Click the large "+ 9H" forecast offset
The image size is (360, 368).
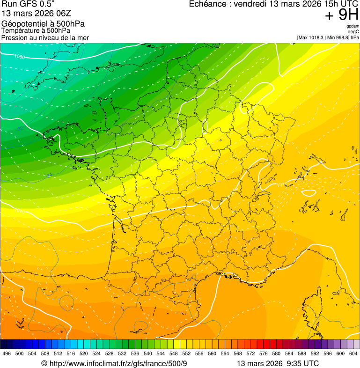pos(342,15)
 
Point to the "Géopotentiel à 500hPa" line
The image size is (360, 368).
pos(43,24)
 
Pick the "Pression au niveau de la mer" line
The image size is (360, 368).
pos(45,37)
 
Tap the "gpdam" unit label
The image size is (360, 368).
pos(353,26)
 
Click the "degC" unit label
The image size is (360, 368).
pos(353,32)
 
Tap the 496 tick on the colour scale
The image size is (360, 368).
pos(7,353)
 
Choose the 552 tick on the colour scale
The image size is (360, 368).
pos(186,353)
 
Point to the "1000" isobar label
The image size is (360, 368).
pos(20,57)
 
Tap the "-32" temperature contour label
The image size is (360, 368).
pos(20,128)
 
